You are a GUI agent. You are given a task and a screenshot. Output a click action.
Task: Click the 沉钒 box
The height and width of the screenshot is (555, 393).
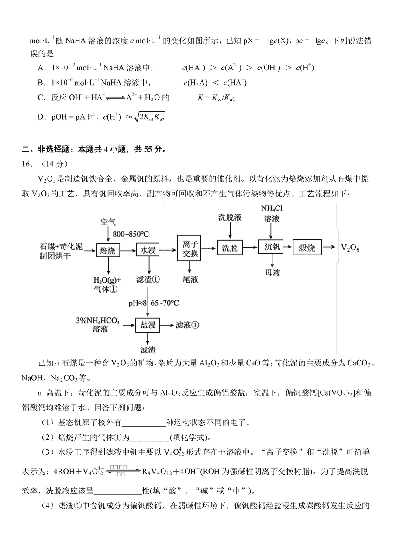pyautogui.click(x=272, y=248)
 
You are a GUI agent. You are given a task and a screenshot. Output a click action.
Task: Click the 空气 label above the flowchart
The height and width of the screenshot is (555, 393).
pyautogui.click(x=108, y=222)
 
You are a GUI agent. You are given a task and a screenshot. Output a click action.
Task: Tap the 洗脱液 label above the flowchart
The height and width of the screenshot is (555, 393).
pyautogui.click(x=230, y=217)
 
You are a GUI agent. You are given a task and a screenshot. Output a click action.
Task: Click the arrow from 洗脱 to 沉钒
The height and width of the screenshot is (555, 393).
pyautogui.click(x=250, y=248)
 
